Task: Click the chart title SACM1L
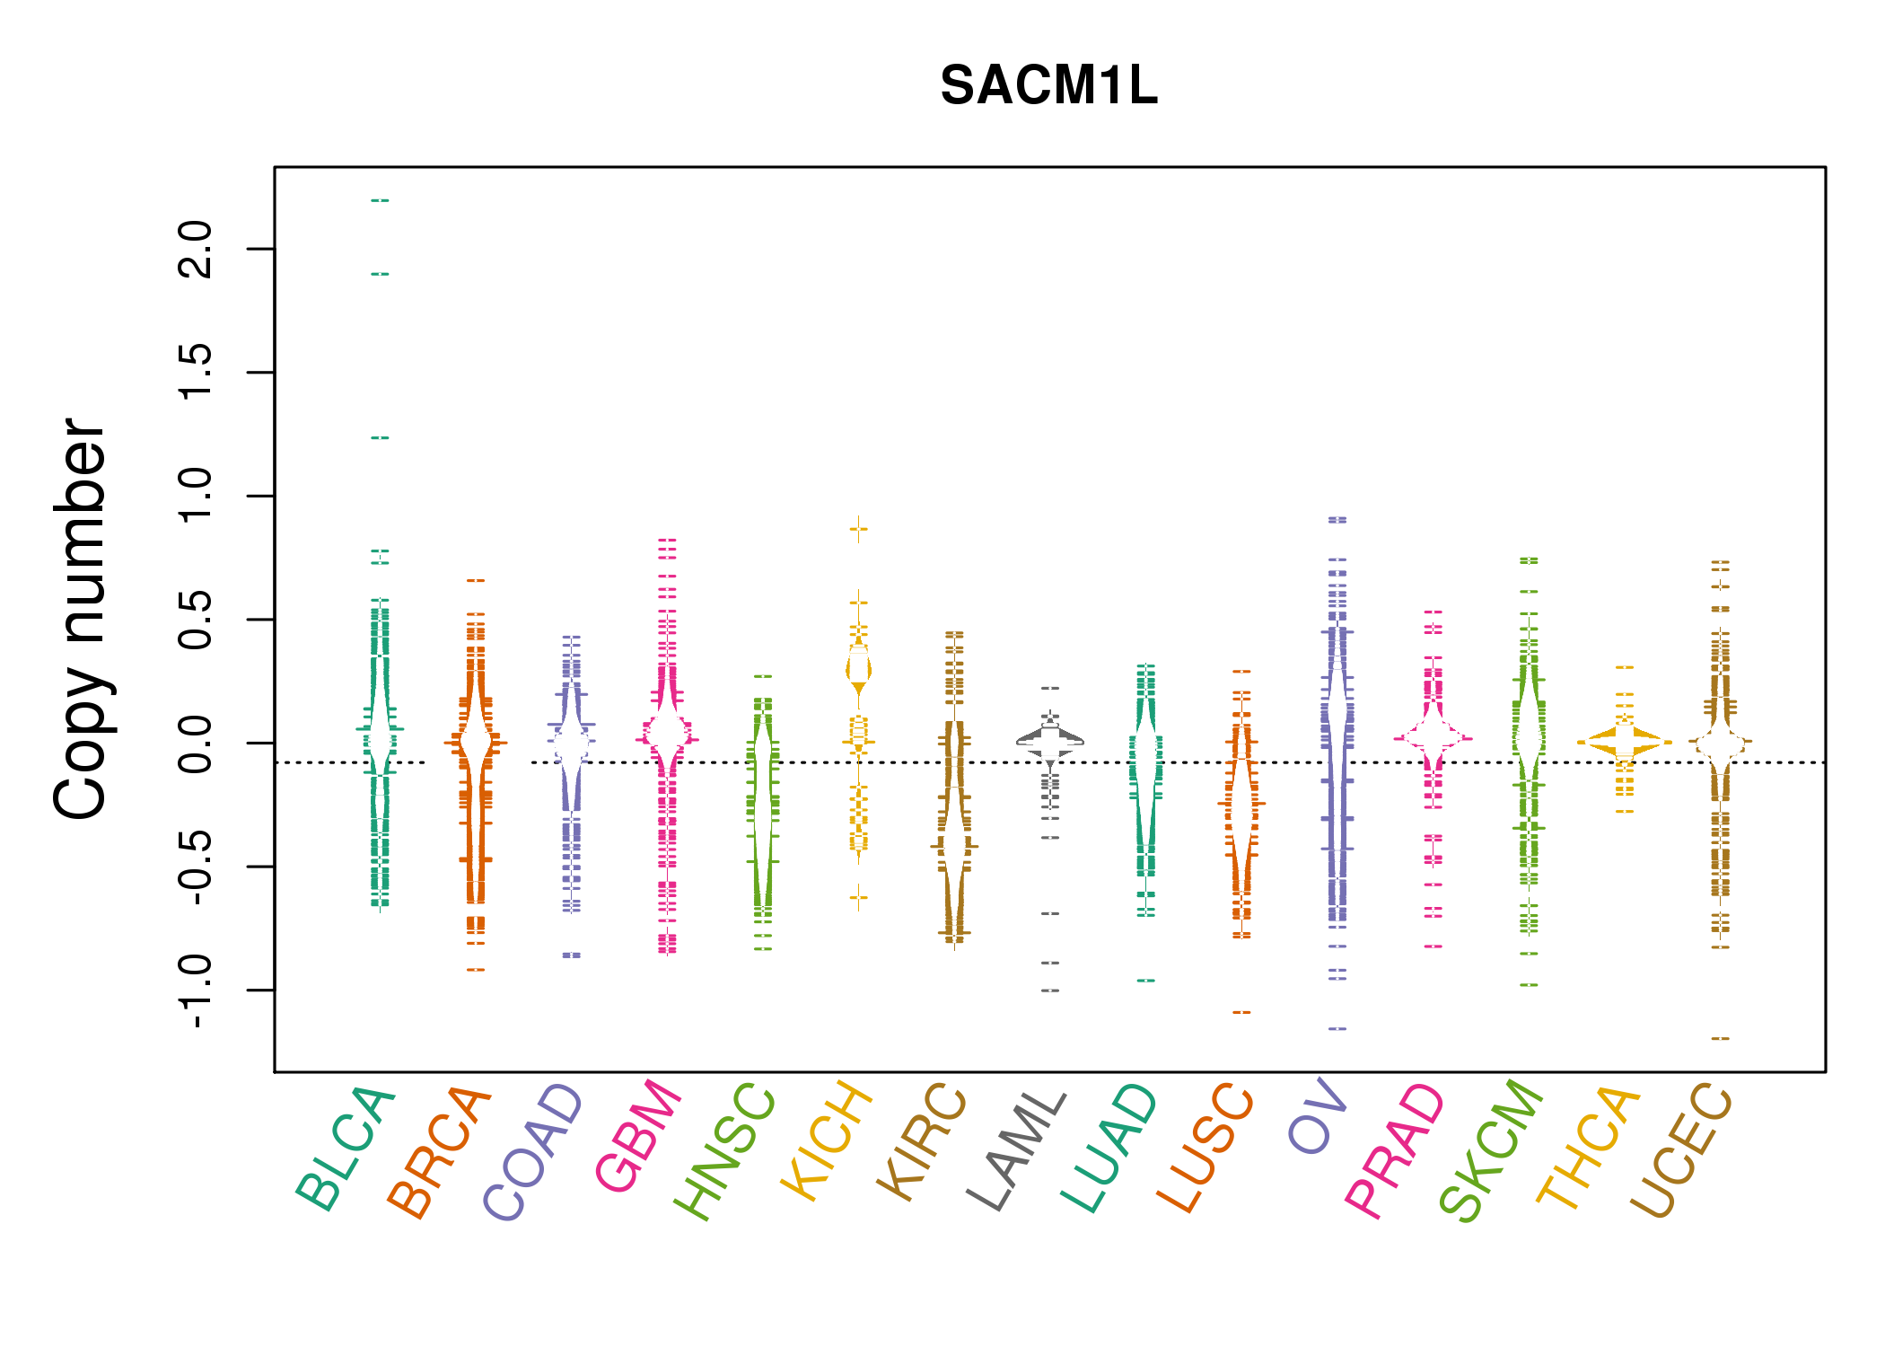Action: (x=1048, y=86)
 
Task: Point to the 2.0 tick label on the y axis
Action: (x=196, y=249)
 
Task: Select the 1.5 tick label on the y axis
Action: (x=196, y=372)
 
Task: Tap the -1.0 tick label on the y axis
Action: (x=196, y=990)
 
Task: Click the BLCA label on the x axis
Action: (x=346, y=1149)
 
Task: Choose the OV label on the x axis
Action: (x=1318, y=1118)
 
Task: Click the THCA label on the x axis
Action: (x=1589, y=1147)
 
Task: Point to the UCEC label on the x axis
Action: (x=1681, y=1150)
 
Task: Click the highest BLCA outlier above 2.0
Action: (x=380, y=200)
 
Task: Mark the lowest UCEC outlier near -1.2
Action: (x=1720, y=1039)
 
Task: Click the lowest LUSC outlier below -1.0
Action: (x=1241, y=1013)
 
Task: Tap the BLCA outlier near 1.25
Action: (x=380, y=438)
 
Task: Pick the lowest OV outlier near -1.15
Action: (x=1337, y=1029)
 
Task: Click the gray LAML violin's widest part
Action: (x=1050, y=742)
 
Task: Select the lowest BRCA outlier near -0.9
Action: (x=476, y=970)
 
